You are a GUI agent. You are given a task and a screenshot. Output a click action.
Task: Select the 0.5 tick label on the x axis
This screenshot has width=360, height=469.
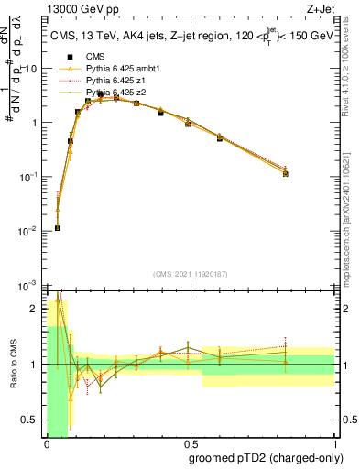pyautogui.click(x=189, y=442)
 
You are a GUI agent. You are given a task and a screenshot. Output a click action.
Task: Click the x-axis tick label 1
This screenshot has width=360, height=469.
pyautogui.click(x=333, y=442)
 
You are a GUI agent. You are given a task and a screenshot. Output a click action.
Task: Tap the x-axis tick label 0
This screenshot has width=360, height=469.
pyautogui.click(x=46, y=442)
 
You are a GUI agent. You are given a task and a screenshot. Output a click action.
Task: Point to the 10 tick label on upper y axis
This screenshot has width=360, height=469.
pyautogui.click(x=31, y=69)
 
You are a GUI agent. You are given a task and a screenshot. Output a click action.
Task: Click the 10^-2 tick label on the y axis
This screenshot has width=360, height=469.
pyautogui.click(x=27, y=231)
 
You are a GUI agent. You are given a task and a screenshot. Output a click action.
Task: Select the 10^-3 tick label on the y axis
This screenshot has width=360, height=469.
pyautogui.click(x=27, y=285)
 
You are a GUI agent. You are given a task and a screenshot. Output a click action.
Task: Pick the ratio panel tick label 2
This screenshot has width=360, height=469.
pyautogui.click(x=37, y=309)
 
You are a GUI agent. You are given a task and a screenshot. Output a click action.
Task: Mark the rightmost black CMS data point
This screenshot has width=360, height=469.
pyautogui.click(x=286, y=173)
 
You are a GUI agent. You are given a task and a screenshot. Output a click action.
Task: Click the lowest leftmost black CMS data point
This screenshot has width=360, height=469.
pyautogui.click(x=57, y=228)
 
